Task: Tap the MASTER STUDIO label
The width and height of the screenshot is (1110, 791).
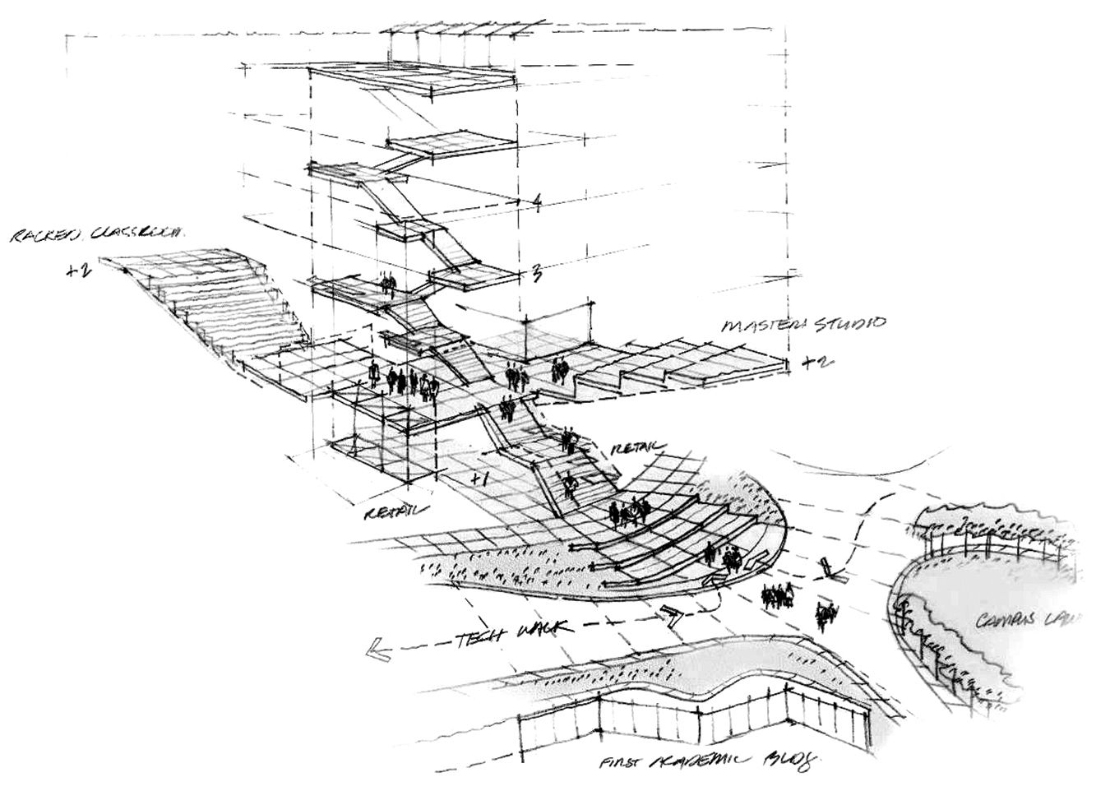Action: pyautogui.click(x=804, y=324)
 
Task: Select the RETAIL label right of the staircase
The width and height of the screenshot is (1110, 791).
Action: pyautogui.click(x=636, y=446)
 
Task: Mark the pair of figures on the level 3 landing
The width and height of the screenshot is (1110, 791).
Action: pyautogui.click(x=389, y=286)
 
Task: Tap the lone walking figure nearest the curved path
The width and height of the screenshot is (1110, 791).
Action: pyautogui.click(x=826, y=614)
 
